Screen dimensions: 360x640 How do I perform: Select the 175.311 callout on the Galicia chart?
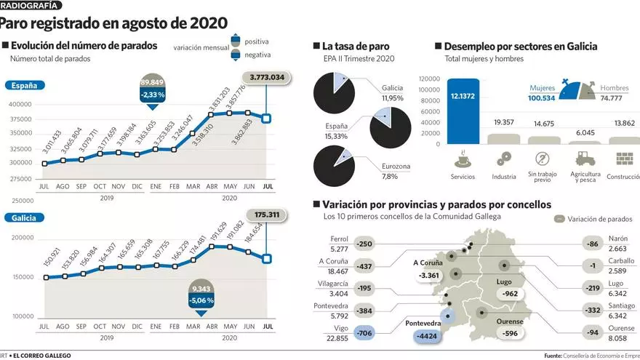[x=268, y=215]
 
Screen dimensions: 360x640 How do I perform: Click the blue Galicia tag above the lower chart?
[x=24, y=217]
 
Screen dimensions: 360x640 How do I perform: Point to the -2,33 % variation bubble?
[x=152, y=95]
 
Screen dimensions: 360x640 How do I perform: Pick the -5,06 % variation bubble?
[x=200, y=300]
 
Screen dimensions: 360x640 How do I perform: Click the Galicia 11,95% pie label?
[x=392, y=93]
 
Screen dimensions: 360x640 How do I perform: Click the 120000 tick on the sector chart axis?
[x=429, y=79]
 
